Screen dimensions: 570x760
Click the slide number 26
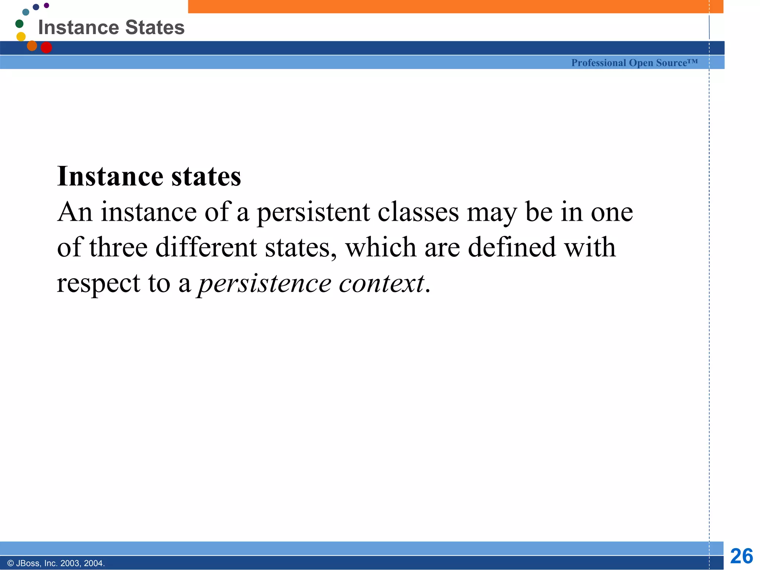coord(741,556)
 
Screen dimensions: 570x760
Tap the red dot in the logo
coord(46,47)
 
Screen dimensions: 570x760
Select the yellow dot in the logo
coord(21,36)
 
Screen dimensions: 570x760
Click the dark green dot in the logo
coord(19,24)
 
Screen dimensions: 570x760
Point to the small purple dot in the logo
coord(46,5)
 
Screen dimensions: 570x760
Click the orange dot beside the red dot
coord(32,46)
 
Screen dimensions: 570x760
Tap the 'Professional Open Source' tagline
coord(634,63)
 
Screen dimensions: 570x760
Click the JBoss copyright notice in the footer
coord(56,563)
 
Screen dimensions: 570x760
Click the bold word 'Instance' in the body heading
coord(110,176)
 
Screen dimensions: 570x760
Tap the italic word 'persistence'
coord(264,283)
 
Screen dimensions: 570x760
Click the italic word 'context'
coord(381,283)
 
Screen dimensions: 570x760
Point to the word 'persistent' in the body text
coord(313,212)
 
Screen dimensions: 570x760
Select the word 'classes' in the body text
coord(418,212)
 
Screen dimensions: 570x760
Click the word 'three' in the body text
coord(118,248)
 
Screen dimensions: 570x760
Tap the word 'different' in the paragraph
coord(206,248)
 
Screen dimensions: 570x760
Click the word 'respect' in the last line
coord(98,284)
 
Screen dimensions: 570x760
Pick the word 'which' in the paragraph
coord(381,248)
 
